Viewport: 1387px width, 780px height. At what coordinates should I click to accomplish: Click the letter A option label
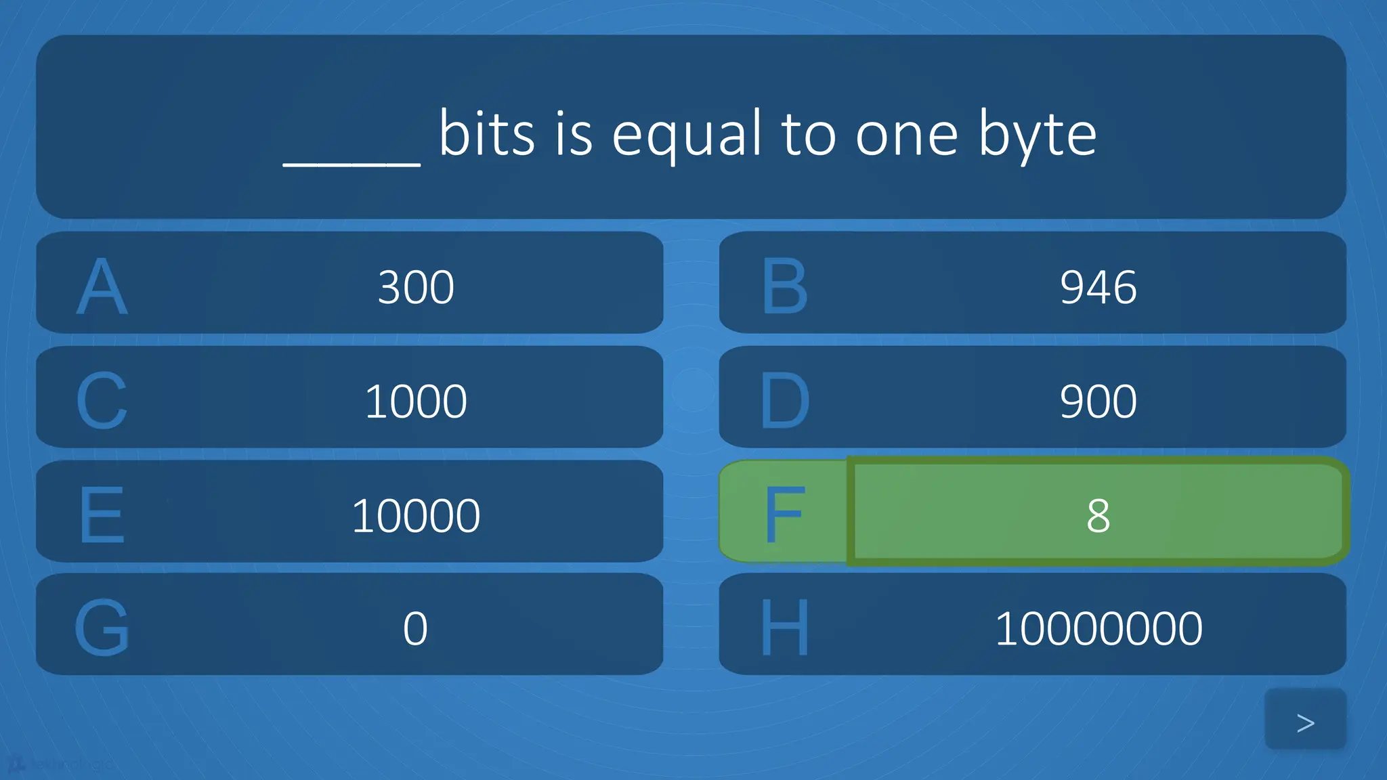pos(102,286)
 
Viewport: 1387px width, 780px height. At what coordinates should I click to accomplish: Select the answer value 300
pos(416,287)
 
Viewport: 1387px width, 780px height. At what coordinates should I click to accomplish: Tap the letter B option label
pos(784,286)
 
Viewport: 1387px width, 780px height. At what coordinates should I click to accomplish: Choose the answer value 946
pos(1098,287)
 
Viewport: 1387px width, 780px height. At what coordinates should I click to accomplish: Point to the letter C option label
pos(102,401)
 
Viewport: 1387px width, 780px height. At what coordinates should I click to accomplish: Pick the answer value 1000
pos(416,402)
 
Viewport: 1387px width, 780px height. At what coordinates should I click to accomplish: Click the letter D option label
pos(784,401)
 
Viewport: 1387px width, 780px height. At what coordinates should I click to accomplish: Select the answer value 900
pos(1098,402)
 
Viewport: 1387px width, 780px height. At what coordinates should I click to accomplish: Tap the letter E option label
pos(102,515)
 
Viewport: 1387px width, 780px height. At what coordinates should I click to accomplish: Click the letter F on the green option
pos(784,515)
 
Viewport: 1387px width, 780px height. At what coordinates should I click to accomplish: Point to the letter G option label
pos(102,628)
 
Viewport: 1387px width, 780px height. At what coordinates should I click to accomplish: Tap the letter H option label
pos(784,628)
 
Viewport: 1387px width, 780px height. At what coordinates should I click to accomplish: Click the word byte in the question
pos(1037,135)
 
